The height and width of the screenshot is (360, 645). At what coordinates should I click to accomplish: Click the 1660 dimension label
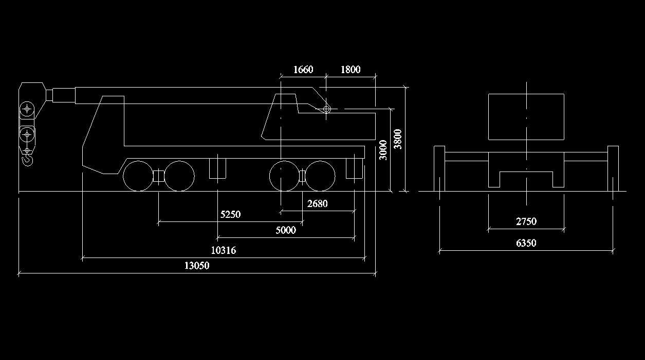(x=303, y=70)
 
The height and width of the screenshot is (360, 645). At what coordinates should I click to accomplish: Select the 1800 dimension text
(x=350, y=70)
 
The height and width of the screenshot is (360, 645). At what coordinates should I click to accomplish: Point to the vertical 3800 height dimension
(x=398, y=139)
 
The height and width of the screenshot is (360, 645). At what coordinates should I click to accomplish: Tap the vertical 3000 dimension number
(x=383, y=150)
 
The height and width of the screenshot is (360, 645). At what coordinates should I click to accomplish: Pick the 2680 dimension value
(x=317, y=203)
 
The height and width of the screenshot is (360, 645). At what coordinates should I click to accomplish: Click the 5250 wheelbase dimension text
(x=230, y=215)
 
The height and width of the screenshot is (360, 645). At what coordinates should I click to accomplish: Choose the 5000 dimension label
(x=286, y=230)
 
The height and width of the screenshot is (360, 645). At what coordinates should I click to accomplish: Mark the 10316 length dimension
(x=224, y=251)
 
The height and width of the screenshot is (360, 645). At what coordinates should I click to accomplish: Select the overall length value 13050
(x=197, y=266)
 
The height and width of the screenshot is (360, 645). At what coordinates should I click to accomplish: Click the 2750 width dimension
(x=526, y=221)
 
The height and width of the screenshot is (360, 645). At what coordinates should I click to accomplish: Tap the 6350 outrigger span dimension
(x=526, y=243)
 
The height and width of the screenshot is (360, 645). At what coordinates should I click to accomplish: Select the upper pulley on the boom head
(x=27, y=109)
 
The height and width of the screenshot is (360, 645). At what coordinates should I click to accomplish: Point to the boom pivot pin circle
(x=326, y=109)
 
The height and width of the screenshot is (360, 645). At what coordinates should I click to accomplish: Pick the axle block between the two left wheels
(x=159, y=176)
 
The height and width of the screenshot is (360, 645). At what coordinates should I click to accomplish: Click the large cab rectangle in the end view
(x=526, y=117)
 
